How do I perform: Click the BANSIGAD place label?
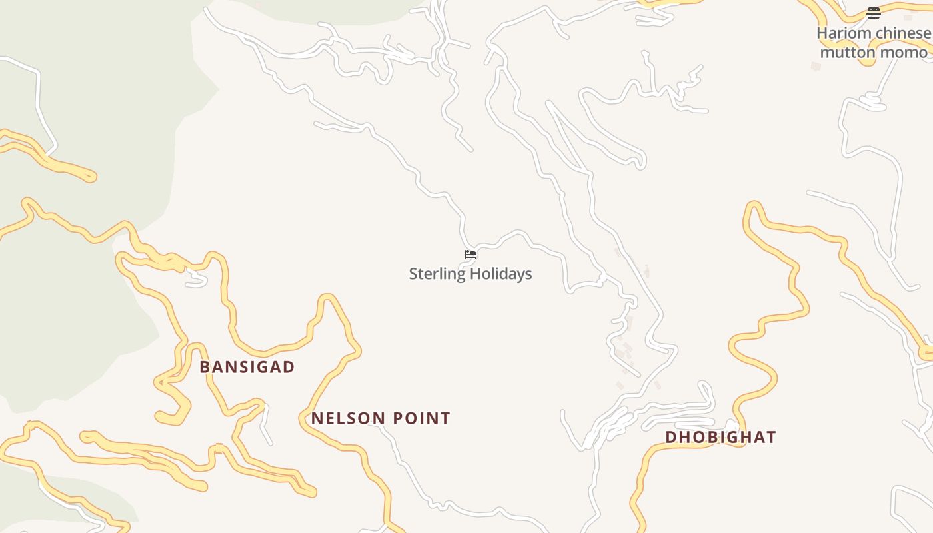247,367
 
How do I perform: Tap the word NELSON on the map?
344,418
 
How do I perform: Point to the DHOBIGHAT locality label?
720,437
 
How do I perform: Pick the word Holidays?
501,274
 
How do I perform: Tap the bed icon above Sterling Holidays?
470,254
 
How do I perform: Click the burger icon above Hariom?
873,13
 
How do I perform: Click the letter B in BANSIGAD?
205,367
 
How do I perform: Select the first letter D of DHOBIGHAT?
671,437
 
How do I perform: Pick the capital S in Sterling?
413,274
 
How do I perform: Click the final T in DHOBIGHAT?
771,437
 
